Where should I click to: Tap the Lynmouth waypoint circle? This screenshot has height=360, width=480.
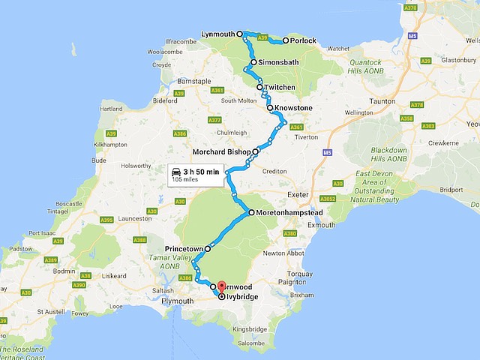(x=240, y=34)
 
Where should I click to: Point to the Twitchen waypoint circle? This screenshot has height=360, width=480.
(x=260, y=87)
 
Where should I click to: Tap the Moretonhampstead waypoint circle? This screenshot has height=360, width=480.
(x=251, y=213)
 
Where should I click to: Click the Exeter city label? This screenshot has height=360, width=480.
(x=298, y=193)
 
